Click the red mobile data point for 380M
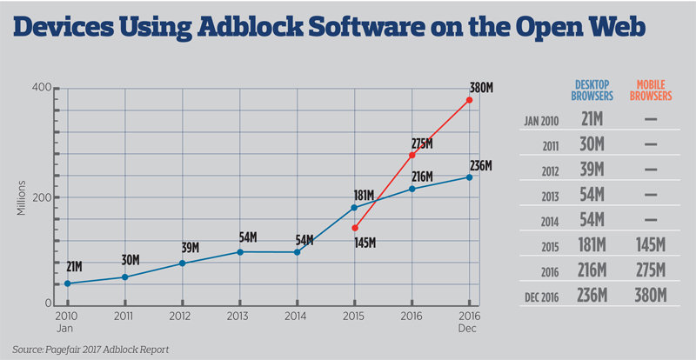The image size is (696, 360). (469, 100)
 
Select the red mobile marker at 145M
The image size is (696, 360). (355, 228)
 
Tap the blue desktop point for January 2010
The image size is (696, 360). (68, 283)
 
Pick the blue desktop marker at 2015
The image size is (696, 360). (355, 207)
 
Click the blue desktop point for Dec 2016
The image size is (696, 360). (469, 177)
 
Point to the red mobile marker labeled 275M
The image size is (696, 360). (412, 155)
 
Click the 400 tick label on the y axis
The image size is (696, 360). (42, 88)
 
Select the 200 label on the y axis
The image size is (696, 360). (43, 197)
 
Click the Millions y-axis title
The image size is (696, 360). (21, 197)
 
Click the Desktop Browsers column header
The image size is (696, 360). (592, 90)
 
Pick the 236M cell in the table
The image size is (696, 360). (592, 295)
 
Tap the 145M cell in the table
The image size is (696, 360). (651, 245)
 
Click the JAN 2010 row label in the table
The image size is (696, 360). (540, 122)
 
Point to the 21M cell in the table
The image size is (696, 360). (592, 119)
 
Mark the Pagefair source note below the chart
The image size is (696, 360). (90, 350)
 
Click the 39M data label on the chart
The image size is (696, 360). (191, 248)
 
